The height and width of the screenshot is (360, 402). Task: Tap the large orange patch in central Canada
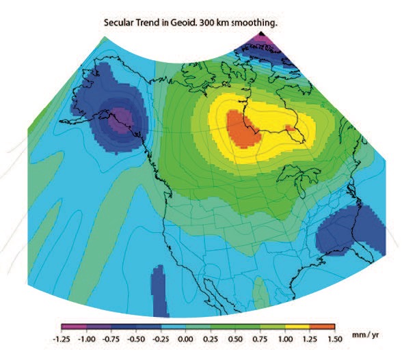242,128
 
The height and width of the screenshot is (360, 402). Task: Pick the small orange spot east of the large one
290,127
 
